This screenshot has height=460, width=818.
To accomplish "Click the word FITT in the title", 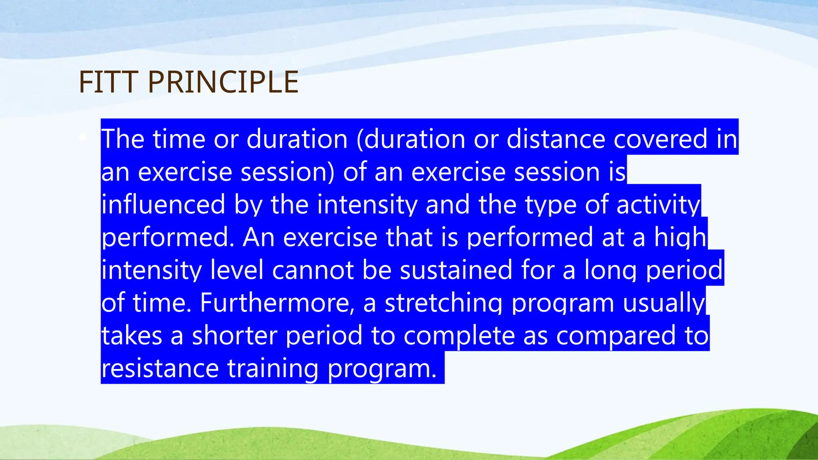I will pos(109,82).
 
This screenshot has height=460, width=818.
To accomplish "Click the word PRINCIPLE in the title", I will pos(223,82).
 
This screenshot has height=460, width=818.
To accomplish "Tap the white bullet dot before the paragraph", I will pos(83,137).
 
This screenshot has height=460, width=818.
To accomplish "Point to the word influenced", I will pos(163,204).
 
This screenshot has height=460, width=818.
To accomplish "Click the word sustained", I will pos(456,270).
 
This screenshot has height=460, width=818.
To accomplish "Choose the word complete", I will pos(459,335).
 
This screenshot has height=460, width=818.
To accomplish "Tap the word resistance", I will pos(160,368).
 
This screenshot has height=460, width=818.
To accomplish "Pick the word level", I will pos(237,270).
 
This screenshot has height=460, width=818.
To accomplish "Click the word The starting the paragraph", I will pos(123,139).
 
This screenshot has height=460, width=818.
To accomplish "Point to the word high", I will pos(680,237).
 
